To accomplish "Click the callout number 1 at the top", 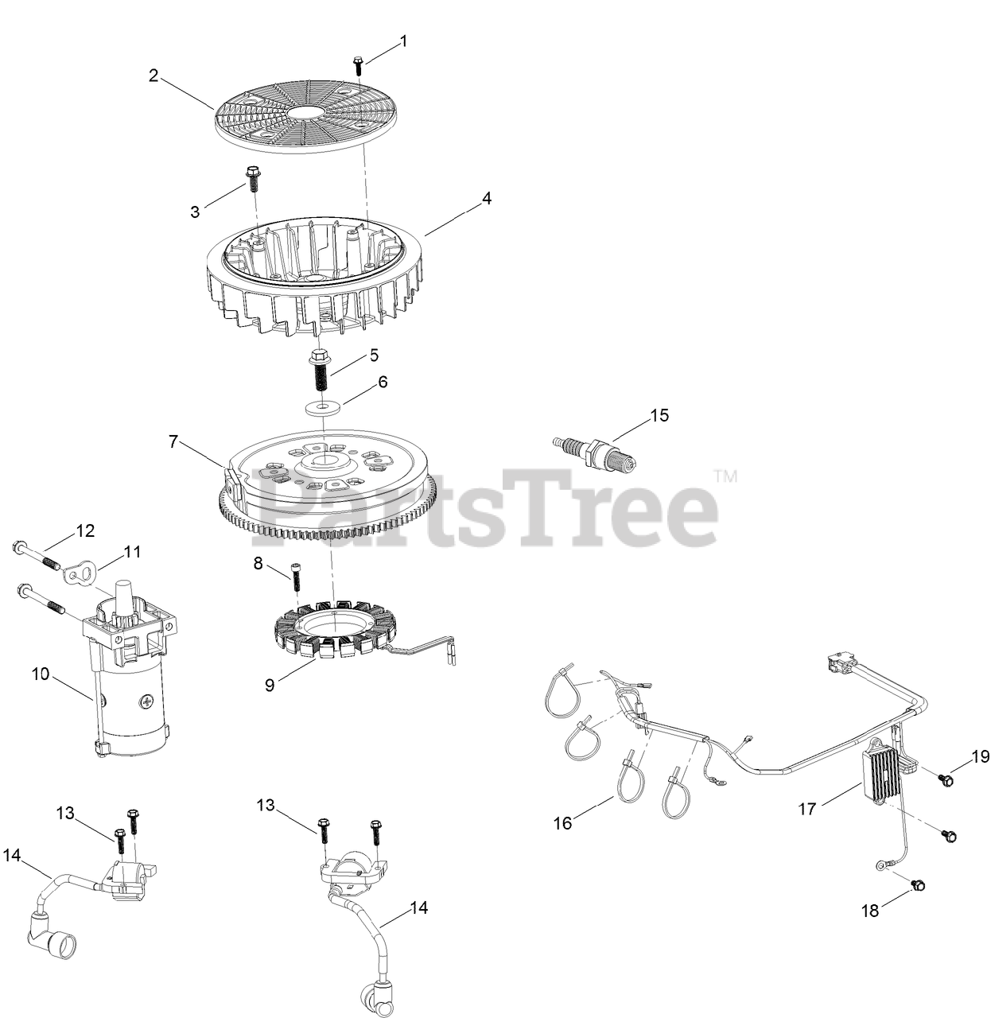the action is click(403, 41).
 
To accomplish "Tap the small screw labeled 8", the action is click(296, 577).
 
